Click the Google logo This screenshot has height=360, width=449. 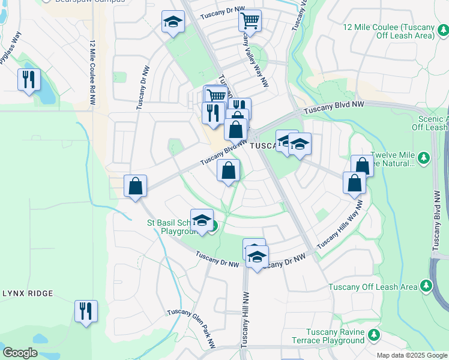click(20, 353)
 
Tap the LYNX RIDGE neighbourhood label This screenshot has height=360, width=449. click(28, 293)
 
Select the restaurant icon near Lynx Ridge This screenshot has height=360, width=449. click(85, 311)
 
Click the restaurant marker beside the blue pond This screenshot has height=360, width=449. click(29, 80)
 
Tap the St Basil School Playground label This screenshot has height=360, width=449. click(172, 227)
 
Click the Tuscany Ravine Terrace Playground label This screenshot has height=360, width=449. click(334, 337)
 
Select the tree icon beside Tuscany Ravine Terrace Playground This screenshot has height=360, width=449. click(375, 334)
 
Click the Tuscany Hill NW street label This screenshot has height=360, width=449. click(246, 318)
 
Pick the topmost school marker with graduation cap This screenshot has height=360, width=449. click(173, 23)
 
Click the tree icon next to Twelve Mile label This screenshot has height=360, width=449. click(424, 158)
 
